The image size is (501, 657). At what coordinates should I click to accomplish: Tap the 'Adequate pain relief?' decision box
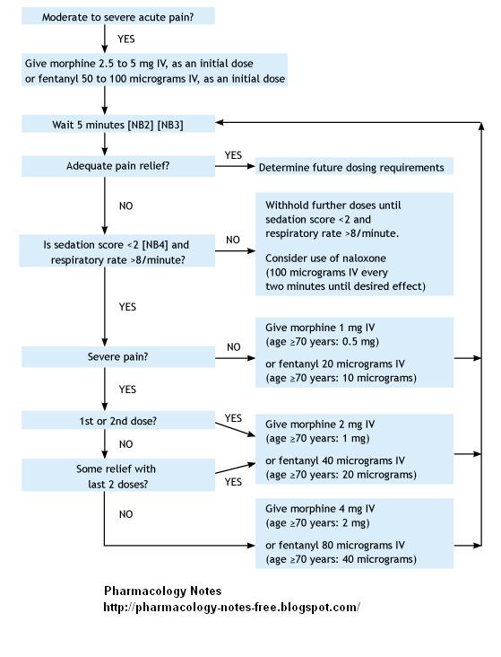point(117,166)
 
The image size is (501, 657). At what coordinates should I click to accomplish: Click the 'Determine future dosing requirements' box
point(351,167)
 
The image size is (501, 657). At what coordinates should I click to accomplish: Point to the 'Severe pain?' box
point(117,357)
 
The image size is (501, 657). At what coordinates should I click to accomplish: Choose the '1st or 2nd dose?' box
point(117,420)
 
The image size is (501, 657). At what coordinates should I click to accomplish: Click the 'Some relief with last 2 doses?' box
point(117,476)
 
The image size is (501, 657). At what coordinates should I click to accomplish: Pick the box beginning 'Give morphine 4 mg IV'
point(354,533)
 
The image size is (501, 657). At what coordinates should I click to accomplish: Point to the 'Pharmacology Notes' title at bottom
point(162,591)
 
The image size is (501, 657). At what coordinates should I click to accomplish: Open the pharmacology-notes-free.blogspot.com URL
point(232,607)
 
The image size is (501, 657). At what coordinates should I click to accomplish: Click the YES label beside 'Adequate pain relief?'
point(233,155)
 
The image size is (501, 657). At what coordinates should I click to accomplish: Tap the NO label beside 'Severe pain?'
point(233,346)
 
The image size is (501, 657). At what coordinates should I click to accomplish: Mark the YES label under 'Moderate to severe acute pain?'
point(126,39)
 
